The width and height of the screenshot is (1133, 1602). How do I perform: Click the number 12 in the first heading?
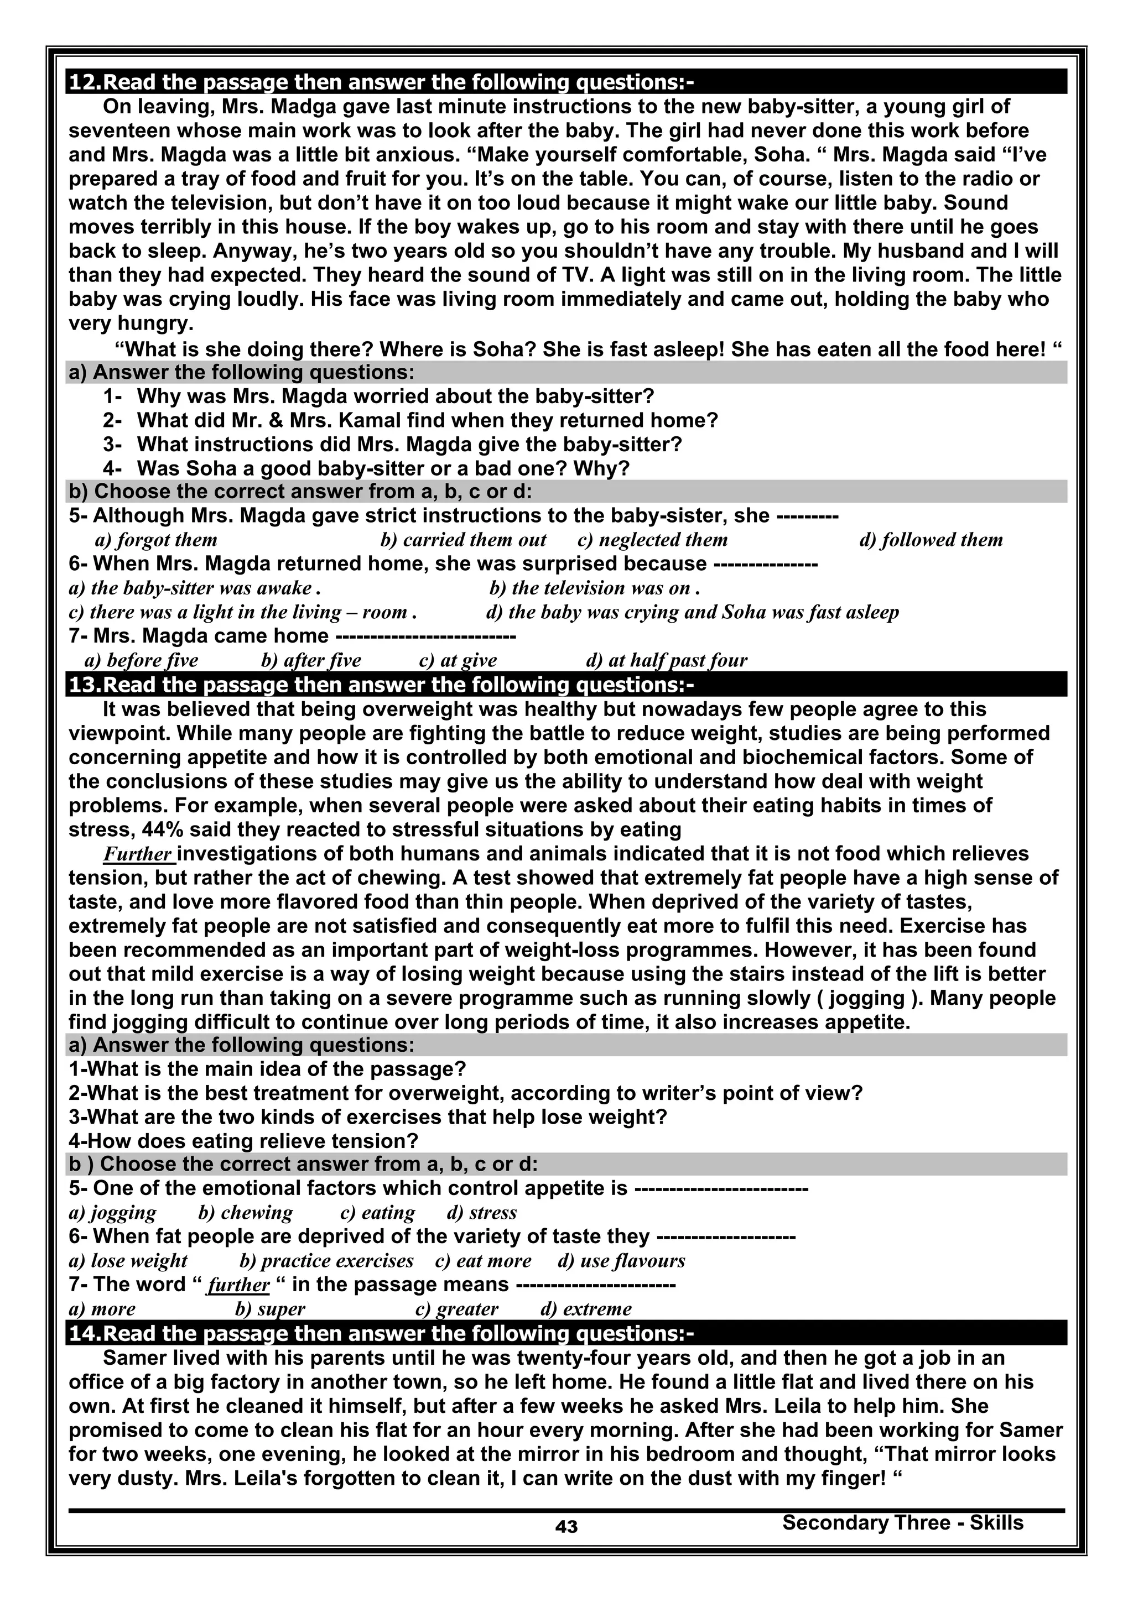[x=85, y=82]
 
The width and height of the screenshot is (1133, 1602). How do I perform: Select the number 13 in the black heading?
[x=85, y=685]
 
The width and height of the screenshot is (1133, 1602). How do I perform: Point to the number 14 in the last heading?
[x=85, y=1333]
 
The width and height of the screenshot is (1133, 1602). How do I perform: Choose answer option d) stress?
[x=482, y=1213]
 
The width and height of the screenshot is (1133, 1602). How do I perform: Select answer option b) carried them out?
[x=463, y=540]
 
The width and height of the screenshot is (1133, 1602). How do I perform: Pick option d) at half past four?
[x=667, y=660]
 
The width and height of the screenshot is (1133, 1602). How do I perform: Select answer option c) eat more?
[x=483, y=1261]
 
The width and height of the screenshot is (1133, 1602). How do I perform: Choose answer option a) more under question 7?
[x=102, y=1309]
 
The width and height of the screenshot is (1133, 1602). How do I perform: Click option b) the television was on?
[x=595, y=588]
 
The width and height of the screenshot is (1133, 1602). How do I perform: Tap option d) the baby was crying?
[x=692, y=612]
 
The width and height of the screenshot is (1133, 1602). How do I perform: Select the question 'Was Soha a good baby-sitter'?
[x=382, y=468]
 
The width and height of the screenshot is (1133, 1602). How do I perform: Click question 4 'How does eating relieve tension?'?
[x=243, y=1141]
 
